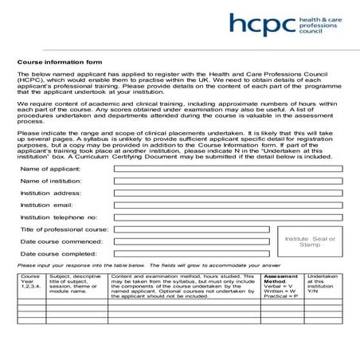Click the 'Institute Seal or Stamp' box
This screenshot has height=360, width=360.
pyautogui.click(x=310, y=241)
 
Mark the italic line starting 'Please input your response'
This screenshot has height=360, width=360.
pyautogui.click(x=148, y=264)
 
